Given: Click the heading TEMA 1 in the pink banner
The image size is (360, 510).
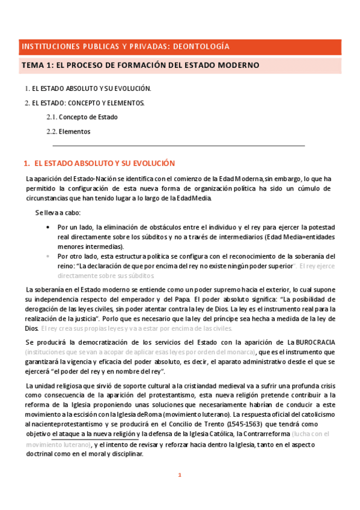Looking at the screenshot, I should (x=37, y=65).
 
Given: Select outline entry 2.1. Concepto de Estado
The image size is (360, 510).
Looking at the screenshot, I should (x=82, y=117).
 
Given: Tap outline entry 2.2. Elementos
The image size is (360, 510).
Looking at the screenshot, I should (x=69, y=131).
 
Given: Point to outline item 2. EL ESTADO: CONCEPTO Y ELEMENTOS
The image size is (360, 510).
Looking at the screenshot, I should (x=85, y=103).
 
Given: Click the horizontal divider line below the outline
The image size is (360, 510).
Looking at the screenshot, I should (x=178, y=146).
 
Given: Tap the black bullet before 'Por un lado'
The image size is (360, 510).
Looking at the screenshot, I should (x=48, y=227).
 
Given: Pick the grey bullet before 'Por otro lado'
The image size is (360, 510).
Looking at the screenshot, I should (x=48, y=256).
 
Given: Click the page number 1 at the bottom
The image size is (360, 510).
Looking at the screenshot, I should (x=179, y=475).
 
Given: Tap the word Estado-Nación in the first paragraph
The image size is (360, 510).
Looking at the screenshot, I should (x=93, y=179).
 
